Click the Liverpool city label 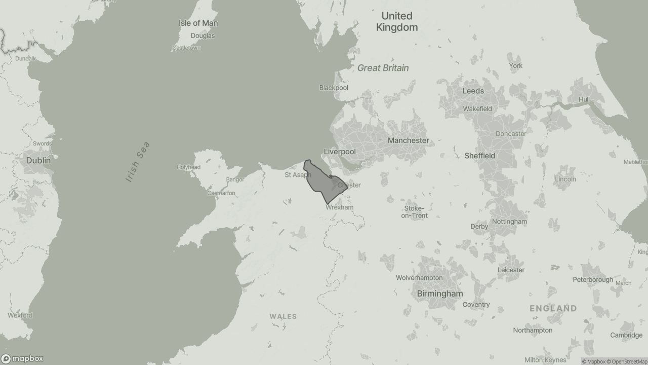pos(340,152)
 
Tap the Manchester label pos(408,140)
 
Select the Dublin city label pos(38,160)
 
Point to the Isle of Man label pos(198,23)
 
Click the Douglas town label pos(202,36)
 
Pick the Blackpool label pos(334,88)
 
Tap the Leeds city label pos(473,91)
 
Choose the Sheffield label pos(479,156)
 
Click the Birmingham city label pos(439,294)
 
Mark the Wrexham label pos(339,207)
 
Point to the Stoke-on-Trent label pos(414,212)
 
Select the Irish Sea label pos(138,162)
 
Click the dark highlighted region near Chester pos(321,181)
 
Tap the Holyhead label pos(188,167)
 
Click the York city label pos(515,66)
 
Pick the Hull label pos(584,99)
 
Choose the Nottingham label pos(509,222)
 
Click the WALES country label pos(283,316)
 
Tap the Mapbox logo pos(22,358)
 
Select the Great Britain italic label pos(383,68)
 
